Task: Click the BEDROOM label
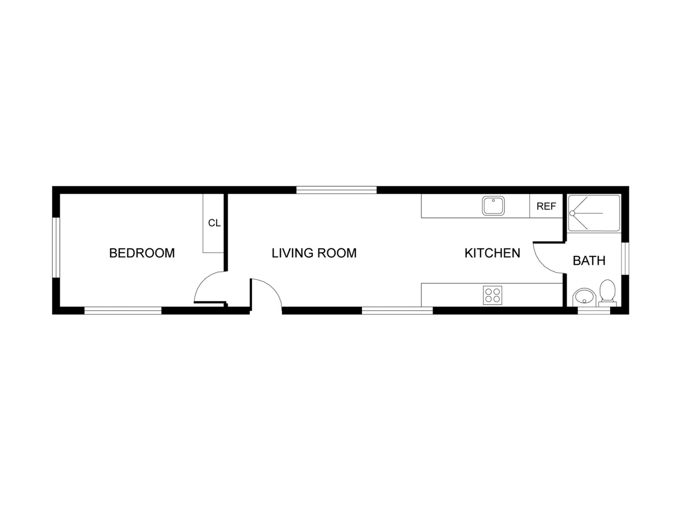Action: point(142,253)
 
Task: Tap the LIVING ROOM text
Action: point(314,253)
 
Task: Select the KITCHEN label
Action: point(492,253)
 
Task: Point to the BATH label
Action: point(589,260)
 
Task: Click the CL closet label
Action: point(214,223)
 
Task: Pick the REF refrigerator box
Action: point(546,206)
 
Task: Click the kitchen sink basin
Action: point(493,206)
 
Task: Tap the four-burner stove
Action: point(492,295)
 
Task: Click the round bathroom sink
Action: point(584,297)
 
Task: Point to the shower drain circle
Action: point(572,213)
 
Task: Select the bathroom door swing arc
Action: point(542,264)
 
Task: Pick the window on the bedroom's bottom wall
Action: point(122,310)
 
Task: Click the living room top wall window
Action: point(336,190)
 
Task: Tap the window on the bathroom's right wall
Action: point(625,259)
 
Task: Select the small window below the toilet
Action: point(593,310)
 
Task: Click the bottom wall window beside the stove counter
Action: point(397,310)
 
